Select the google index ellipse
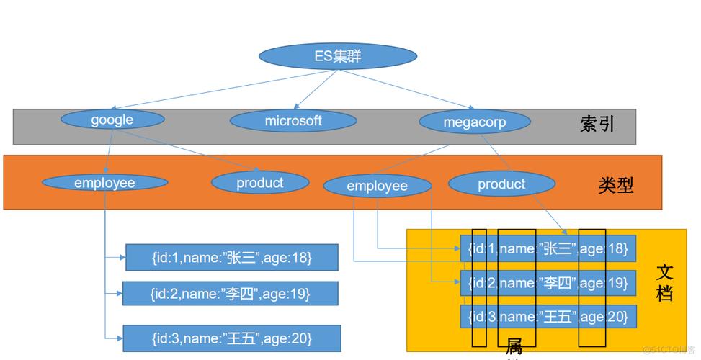tap(112, 120)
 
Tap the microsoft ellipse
tap(293, 121)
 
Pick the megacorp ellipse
tap(474, 122)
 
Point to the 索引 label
tap(597, 124)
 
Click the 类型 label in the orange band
tap(616, 185)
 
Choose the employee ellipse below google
tap(104, 183)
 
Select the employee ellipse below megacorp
tap(377, 186)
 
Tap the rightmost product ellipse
tap(501, 184)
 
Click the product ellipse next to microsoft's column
tap(259, 183)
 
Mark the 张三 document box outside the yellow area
tap(231, 257)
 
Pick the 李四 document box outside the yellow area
tap(230, 293)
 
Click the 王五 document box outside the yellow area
tap(231, 338)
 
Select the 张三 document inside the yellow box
tap(548, 248)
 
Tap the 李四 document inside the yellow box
tap(548, 283)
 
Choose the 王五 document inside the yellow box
tap(548, 316)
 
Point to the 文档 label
tap(665, 283)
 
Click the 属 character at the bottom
tap(514, 346)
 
